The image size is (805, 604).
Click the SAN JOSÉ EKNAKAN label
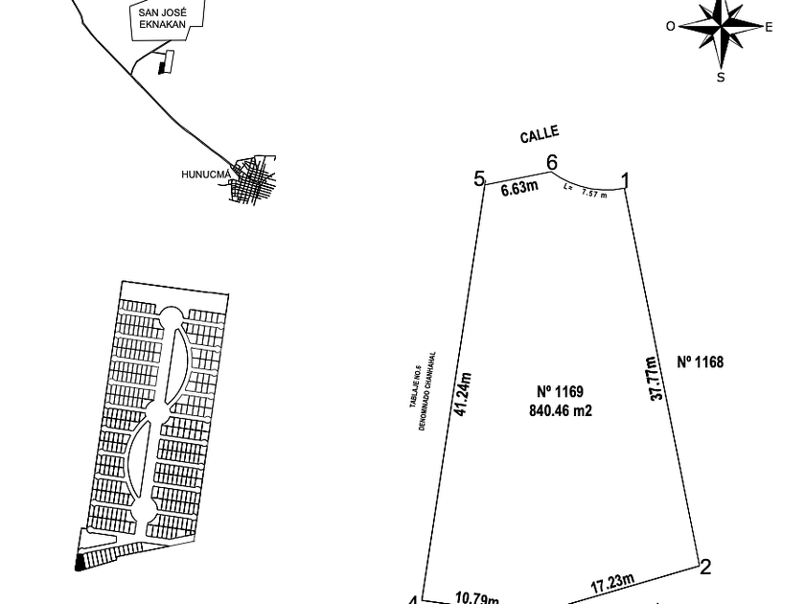(x=162, y=19)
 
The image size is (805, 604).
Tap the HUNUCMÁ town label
(x=206, y=174)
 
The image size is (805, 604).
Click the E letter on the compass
(x=769, y=27)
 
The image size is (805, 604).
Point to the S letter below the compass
(x=721, y=77)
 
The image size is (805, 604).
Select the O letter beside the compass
(x=671, y=27)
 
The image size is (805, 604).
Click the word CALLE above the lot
(x=540, y=135)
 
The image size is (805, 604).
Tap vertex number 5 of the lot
(x=480, y=178)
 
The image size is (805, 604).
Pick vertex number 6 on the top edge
(x=552, y=163)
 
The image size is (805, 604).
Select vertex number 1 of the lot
(x=626, y=180)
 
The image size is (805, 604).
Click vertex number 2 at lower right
(x=705, y=567)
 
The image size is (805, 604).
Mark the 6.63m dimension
(x=519, y=188)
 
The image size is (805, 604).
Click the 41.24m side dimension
(x=464, y=394)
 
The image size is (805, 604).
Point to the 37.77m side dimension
(x=654, y=378)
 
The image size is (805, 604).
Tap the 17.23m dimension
(x=611, y=583)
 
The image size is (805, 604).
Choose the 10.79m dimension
(x=476, y=598)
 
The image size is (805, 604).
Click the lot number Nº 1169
(x=560, y=391)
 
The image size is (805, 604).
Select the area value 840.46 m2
(x=560, y=410)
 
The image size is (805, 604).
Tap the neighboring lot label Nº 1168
(x=700, y=361)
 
